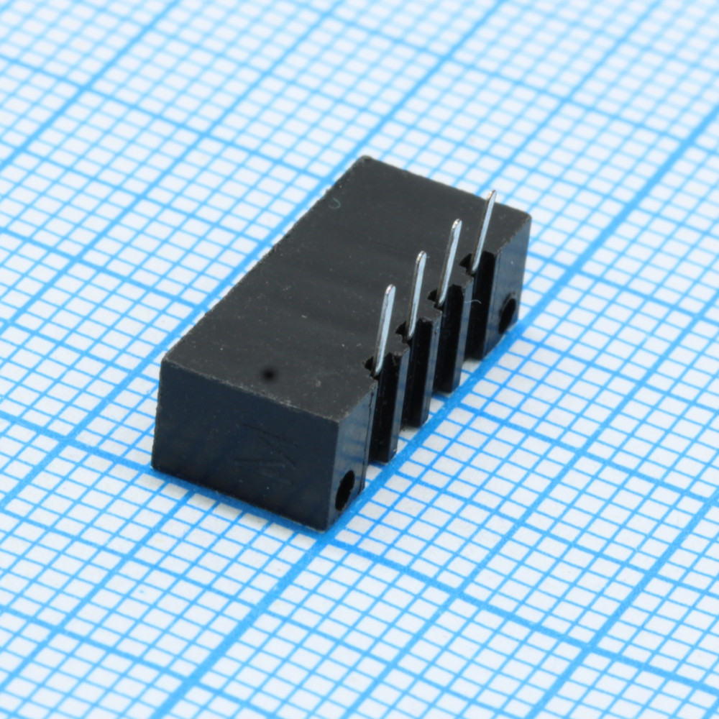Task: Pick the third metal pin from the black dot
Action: (449, 262)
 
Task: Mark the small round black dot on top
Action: (269, 373)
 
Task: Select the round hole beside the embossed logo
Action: (345, 490)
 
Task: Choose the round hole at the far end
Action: (508, 313)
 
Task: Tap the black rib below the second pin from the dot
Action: (418, 377)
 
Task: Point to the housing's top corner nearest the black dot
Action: (164, 359)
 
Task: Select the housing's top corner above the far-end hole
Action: (529, 216)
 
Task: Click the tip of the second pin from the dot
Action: (422, 255)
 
